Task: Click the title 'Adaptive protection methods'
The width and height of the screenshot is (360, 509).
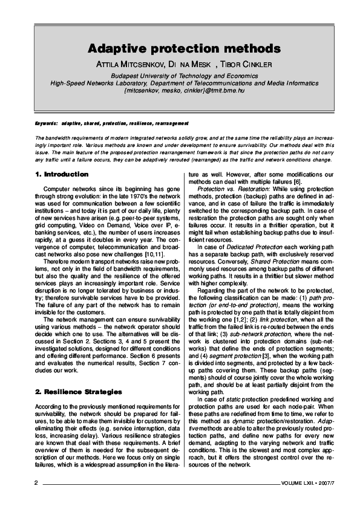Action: pyautogui.click(x=184, y=48)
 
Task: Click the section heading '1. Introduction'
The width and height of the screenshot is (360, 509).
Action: pyautogui.click(x=62, y=174)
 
